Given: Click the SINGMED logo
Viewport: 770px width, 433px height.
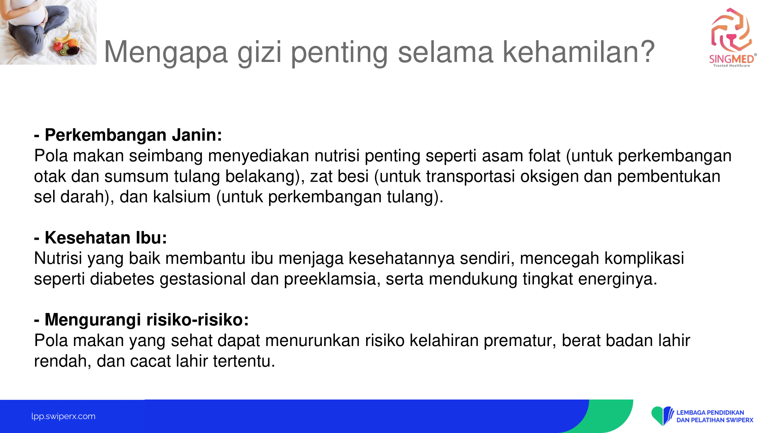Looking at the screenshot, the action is (733, 38).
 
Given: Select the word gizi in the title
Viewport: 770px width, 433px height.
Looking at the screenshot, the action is (259, 53).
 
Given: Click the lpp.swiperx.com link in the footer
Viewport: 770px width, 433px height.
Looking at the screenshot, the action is (64, 416).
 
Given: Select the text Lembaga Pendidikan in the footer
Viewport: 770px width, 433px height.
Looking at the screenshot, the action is (710, 413).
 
